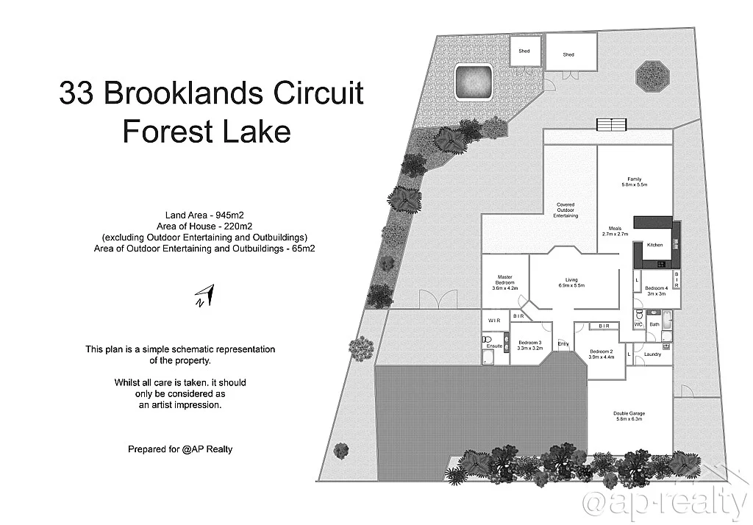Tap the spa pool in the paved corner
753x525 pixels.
point(473,82)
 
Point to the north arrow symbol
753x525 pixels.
point(204,295)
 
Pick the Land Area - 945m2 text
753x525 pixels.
point(207,215)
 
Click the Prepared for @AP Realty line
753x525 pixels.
point(180,449)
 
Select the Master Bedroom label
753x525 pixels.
point(505,282)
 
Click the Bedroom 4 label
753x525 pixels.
point(656,290)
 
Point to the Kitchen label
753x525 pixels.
point(654,245)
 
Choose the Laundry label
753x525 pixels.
point(652,354)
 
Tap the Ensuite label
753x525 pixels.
point(494,346)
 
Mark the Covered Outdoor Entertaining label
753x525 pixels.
point(565,210)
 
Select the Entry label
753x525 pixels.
point(563,344)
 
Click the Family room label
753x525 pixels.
point(634,182)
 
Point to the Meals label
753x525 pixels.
point(615,230)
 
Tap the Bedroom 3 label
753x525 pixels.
point(529,345)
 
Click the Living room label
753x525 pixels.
point(571,282)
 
